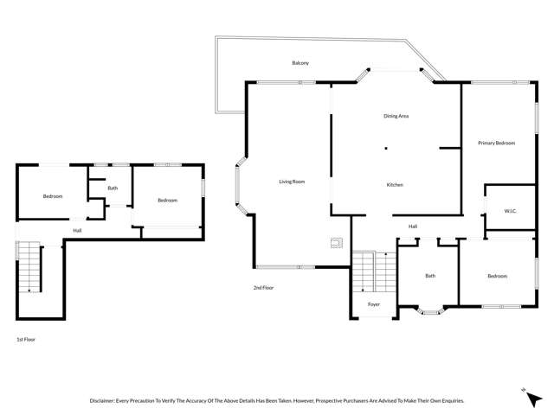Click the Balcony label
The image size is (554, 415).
[300, 63]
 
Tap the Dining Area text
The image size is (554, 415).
[396, 116]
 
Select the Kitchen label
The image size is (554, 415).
[395, 185]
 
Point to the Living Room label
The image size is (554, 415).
[292, 182]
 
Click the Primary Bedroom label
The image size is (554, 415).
[497, 143]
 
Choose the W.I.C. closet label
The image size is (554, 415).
[510, 211]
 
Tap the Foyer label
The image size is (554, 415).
[374, 304]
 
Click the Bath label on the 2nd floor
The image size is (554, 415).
[430, 276]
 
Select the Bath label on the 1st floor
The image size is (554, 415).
[113, 188]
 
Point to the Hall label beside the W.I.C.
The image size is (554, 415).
[413, 227]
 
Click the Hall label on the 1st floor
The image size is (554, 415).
[77, 230]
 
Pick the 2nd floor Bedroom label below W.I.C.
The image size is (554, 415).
[497, 276]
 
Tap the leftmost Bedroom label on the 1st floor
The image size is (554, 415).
[53, 196]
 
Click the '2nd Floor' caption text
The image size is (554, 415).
[263, 287]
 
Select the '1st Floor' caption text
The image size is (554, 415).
[26, 340]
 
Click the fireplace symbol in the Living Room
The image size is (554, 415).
[336, 243]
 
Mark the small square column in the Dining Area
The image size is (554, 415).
[386, 149]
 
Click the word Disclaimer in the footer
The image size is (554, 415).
[106, 401]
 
